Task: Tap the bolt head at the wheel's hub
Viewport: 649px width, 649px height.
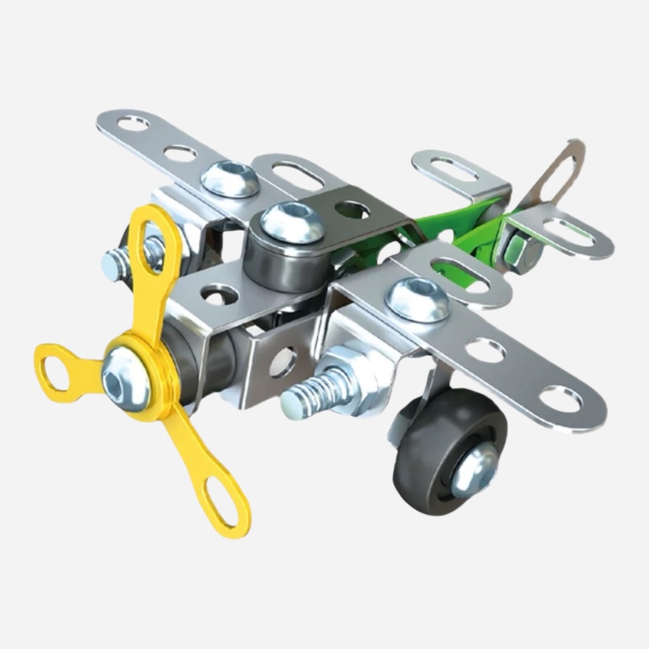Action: (x=474, y=468)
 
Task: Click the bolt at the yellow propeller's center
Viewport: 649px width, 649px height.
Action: (x=125, y=378)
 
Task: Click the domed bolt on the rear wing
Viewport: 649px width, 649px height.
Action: (x=230, y=178)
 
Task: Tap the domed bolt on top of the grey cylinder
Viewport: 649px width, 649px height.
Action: (x=292, y=222)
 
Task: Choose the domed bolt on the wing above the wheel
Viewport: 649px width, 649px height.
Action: (x=418, y=299)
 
